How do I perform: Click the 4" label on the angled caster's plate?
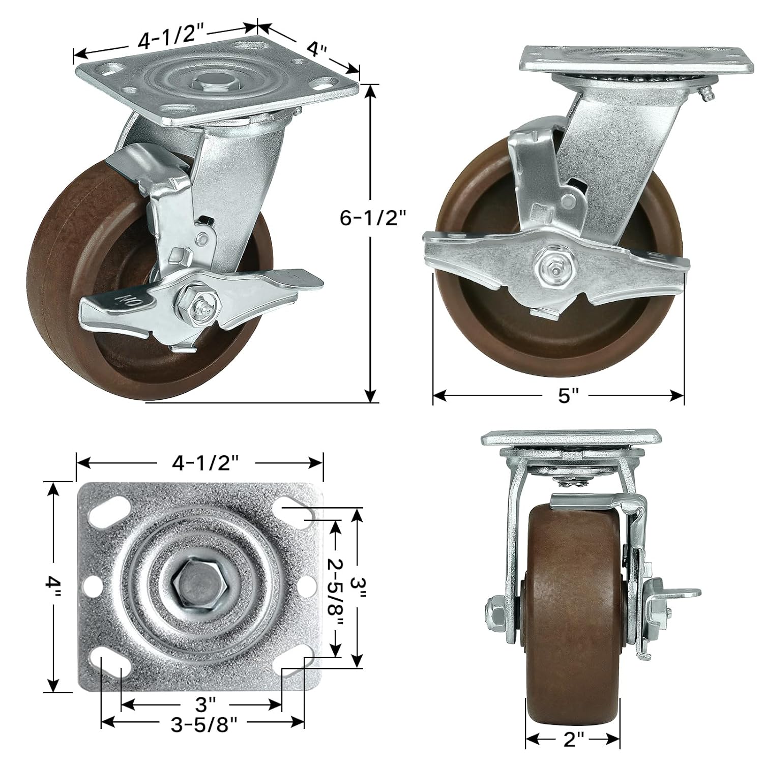point(316,50)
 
